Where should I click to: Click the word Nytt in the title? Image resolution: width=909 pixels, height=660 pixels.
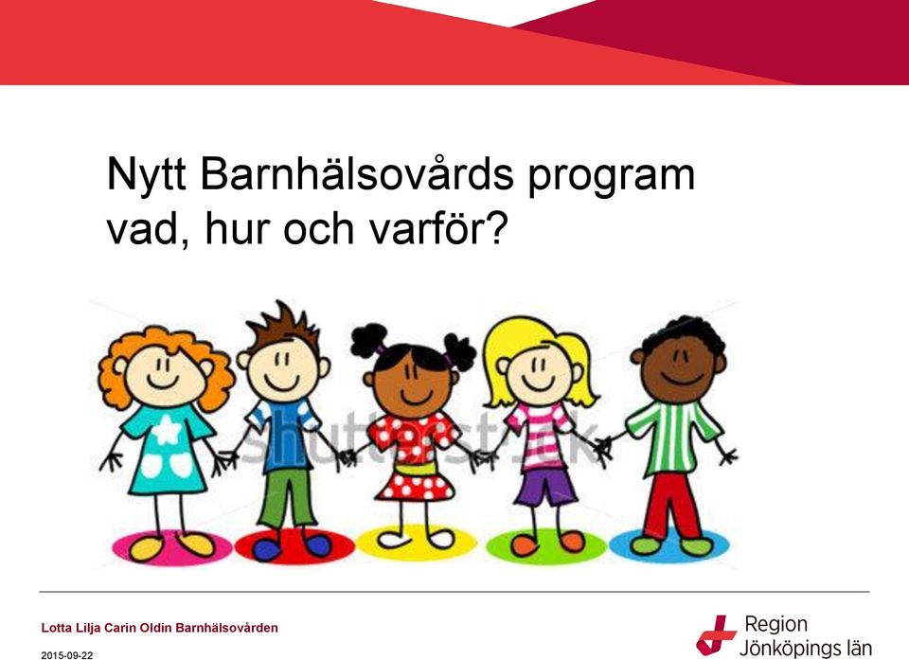coord(146,174)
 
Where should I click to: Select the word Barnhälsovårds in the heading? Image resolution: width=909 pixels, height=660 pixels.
coord(357,173)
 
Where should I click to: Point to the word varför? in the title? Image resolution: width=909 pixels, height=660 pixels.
coord(438,228)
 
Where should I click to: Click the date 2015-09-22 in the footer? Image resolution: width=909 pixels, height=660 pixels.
coord(66,655)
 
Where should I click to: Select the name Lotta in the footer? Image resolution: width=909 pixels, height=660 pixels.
coord(54,628)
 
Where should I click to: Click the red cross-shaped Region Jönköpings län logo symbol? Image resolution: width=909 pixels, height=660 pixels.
coord(716,635)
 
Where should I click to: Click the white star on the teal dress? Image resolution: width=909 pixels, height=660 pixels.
coord(167,430)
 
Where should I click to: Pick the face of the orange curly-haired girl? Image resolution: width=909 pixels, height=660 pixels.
coord(164,373)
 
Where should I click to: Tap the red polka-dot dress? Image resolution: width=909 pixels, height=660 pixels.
coord(414,455)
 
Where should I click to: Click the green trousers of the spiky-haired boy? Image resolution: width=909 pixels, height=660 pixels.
coord(285,498)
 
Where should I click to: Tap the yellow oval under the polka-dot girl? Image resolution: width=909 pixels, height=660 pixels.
coord(415,544)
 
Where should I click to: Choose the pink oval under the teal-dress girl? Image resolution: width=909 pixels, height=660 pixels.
coord(171,547)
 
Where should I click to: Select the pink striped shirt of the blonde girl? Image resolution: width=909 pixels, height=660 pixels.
coord(541,434)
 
